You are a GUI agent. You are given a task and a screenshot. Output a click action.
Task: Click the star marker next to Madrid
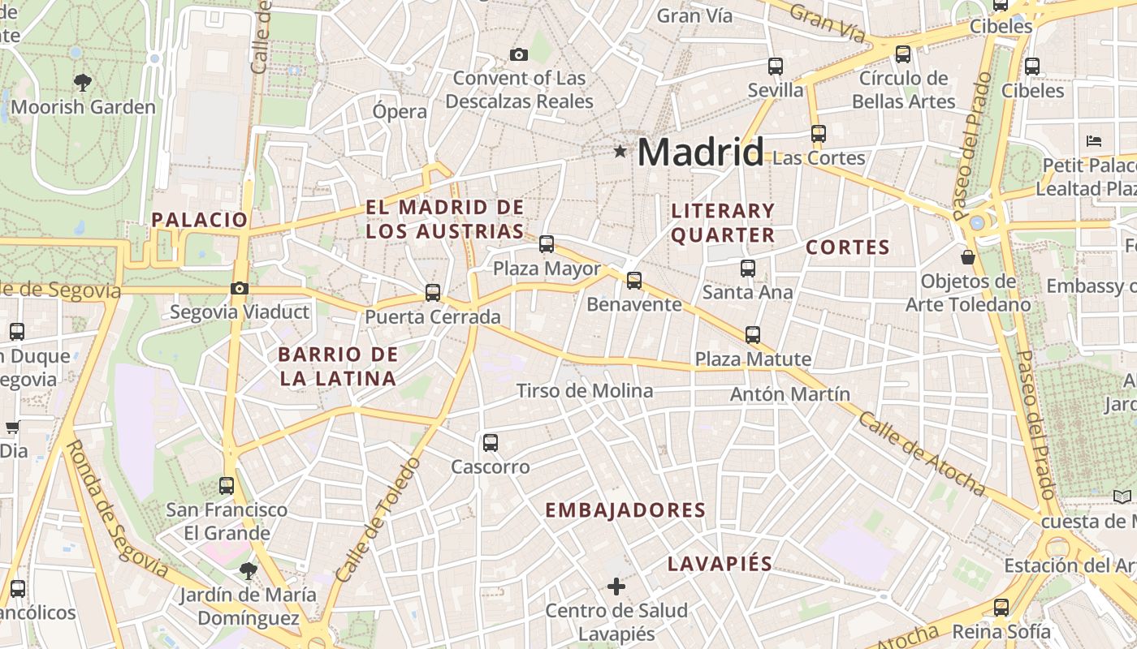click(620, 151)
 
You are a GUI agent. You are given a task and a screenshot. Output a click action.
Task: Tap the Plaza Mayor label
click(547, 269)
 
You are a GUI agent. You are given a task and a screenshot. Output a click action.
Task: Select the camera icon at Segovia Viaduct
click(239, 288)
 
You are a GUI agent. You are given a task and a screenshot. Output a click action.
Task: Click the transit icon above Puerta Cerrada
click(433, 293)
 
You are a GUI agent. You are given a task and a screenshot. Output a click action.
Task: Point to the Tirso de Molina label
click(585, 391)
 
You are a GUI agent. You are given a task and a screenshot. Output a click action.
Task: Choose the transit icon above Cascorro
click(491, 442)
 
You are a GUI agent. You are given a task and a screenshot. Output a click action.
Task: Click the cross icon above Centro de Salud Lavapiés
click(616, 586)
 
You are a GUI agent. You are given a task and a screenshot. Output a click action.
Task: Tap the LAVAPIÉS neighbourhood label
click(720, 564)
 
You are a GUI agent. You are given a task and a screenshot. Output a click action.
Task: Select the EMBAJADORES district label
click(625, 510)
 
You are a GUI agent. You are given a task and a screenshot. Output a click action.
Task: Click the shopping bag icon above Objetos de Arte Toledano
click(968, 257)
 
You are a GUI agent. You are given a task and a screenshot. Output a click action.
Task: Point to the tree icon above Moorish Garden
click(83, 81)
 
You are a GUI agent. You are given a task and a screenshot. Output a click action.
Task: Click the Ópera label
click(400, 111)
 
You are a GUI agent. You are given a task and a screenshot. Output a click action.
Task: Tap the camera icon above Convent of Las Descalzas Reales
click(519, 54)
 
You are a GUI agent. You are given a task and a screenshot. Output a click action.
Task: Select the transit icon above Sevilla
click(776, 66)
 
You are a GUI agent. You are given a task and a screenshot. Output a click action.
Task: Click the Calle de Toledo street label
click(379, 520)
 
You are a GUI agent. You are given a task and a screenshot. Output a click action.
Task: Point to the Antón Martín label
click(790, 394)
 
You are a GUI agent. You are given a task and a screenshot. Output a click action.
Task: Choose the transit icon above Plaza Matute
click(753, 334)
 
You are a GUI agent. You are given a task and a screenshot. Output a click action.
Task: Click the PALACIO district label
click(199, 220)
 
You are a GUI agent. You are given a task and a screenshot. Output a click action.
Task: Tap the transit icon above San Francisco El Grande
click(227, 486)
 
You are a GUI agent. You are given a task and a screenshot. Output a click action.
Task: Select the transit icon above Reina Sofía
click(1001, 607)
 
